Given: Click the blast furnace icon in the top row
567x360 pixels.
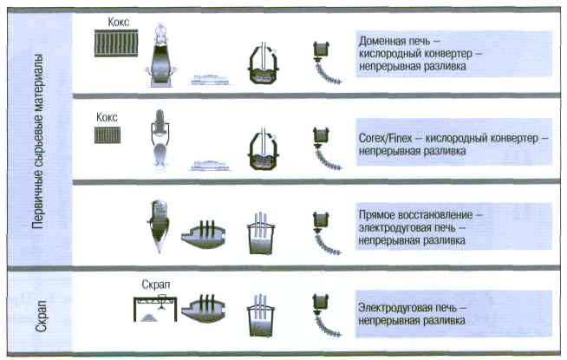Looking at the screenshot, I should (161, 54).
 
